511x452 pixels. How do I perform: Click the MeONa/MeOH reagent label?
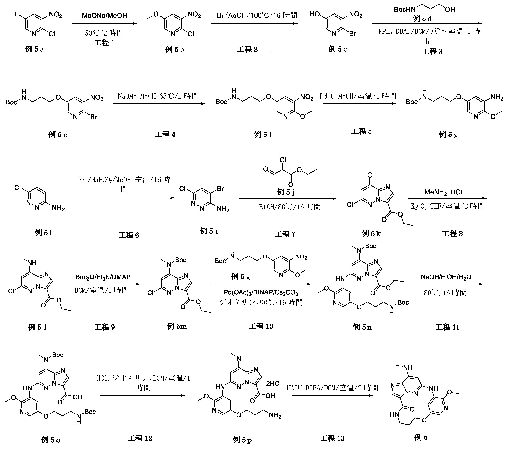(104, 15)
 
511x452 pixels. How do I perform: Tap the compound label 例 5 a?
(34, 49)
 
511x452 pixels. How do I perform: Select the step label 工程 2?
(247, 49)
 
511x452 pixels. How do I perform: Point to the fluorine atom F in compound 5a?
(17, 14)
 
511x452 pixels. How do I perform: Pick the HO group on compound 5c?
(315, 14)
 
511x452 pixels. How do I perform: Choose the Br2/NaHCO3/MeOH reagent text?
(124, 180)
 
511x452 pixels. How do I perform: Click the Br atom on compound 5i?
(220, 189)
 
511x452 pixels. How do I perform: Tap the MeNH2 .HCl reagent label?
(443, 192)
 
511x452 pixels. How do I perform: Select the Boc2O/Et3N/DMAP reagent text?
(103, 277)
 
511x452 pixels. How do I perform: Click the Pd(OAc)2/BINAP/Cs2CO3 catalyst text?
(261, 292)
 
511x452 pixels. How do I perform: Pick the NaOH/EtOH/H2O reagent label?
(446, 277)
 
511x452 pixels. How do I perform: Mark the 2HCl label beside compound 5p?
(273, 383)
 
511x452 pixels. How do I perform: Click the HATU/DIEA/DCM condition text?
(332, 388)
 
